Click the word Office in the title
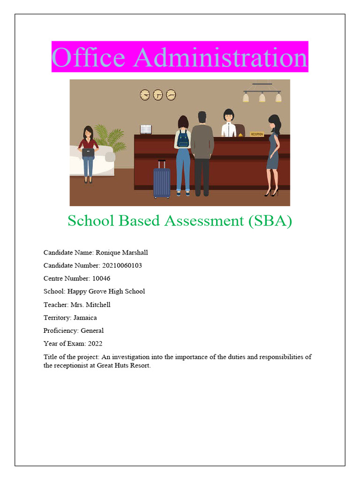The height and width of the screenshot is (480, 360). (x=88, y=57)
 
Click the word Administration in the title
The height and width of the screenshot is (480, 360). (x=220, y=57)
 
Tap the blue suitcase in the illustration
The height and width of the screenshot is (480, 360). (x=162, y=180)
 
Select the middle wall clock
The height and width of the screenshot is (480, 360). (x=158, y=95)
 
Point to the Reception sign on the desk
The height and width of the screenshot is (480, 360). (x=257, y=134)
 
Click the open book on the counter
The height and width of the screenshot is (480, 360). (x=146, y=129)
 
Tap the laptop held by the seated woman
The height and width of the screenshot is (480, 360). (x=88, y=152)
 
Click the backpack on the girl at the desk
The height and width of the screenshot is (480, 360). (x=183, y=139)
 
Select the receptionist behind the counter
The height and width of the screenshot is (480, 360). (x=228, y=123)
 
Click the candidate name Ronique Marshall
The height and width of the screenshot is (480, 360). (x=121, y=253)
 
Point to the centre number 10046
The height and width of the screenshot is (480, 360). (x=101, y=278)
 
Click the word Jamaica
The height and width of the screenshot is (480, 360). (x=85, y=317)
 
